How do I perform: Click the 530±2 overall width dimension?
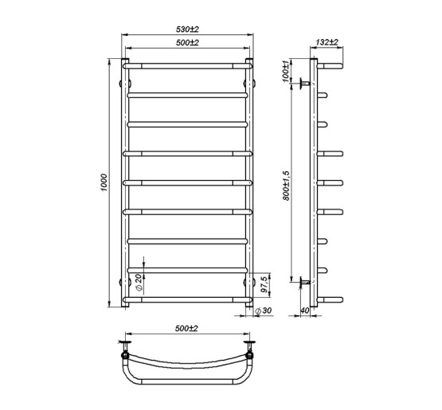[187, 29]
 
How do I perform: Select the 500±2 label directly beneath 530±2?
[187, 43]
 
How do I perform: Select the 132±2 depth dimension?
[327, 42]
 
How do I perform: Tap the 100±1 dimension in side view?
[286, 69]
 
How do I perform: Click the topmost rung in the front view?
[187, 64]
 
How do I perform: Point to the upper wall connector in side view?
[305, 82]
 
